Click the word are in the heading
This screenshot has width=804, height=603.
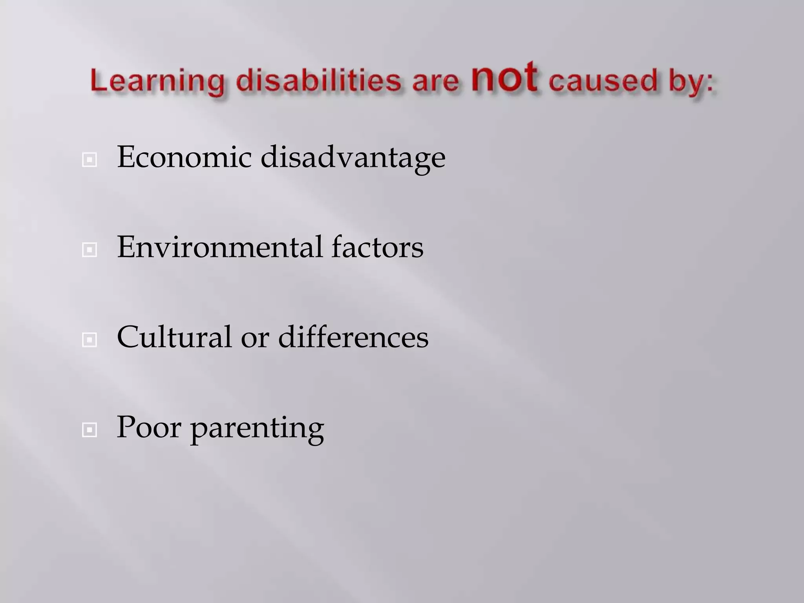(x=435, y=82)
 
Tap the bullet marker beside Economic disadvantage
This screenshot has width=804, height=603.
(x=90, y=160)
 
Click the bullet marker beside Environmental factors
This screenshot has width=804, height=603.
(x=90, y=250)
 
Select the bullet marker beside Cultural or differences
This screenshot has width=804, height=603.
(x=90, y=340)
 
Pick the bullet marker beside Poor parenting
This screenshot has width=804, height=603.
(x=90, y=430)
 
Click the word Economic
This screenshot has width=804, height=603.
(x=184, y=157)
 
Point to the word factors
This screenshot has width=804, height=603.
(x=377, y=247)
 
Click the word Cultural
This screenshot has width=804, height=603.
(x=174, y=337)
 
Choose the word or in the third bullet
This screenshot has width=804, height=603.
(x=255, y=339)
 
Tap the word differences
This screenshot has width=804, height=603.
(x=353, y=337)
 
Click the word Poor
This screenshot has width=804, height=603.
(x=149, y=428)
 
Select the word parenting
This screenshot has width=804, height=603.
(x=258, y=429)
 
